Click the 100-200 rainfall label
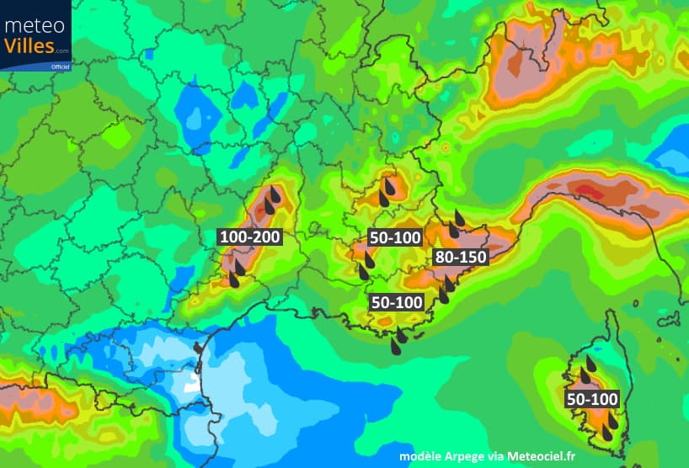[x=249, y=237]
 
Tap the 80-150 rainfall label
[x=460, y=258]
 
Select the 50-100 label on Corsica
[x=592, y=399]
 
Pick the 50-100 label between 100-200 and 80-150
[x=395, y=238]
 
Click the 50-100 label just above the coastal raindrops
[x=397, y=301]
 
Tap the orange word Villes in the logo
[x=29, y=45]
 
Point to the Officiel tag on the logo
[x=60, y=66]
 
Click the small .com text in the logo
[x=62, y=51]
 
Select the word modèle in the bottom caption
[x=425, y=455]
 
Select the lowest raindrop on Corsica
[x=607, y=433]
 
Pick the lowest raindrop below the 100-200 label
[x=232, y=279]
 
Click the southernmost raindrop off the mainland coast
[x=395, y=346]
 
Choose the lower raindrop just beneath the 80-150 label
[x=443, y=295]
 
